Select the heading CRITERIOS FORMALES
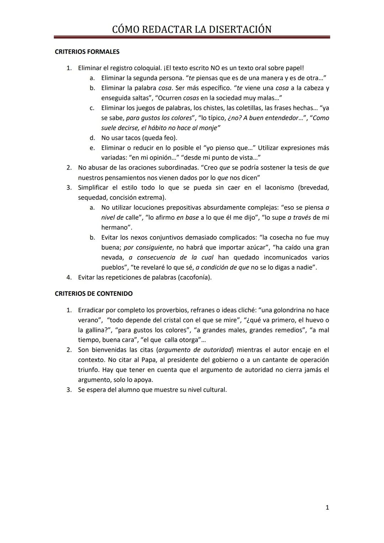pyautogui.click(x=87, y=52)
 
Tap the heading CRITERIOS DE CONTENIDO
pyautogui.click(x=94, y=294)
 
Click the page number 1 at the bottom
pyautogui.click(x=327, y=507)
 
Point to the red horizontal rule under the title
pyautogui.click(x=192, y=37)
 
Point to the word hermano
pyautogui.click(x=114, y=227)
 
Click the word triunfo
pyautogui.click(x=89, y=370)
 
